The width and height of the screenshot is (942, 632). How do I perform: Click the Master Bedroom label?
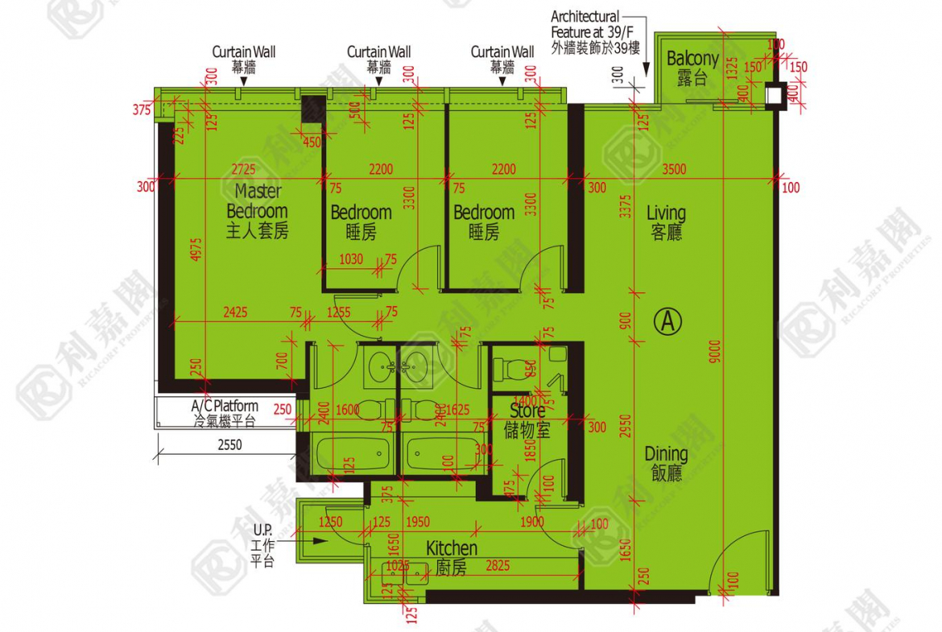click(258, 201)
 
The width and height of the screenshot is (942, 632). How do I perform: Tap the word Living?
click(667, 213)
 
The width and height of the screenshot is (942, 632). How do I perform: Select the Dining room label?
click(666, 454)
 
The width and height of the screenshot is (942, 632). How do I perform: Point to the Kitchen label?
click(452, 548)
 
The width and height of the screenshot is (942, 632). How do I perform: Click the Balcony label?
click(692, 59)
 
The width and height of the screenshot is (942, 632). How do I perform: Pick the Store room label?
click(527, 411)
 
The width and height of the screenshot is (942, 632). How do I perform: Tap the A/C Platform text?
click(225, 406)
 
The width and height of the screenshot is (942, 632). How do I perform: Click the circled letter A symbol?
click(668, 321)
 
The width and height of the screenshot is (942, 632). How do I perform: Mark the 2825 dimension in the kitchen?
click(497, 567)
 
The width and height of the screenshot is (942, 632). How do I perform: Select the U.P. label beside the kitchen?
click(262, 531)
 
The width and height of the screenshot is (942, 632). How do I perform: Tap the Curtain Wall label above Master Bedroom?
click(243, 52)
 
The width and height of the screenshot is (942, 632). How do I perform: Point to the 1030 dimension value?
click(351, 259)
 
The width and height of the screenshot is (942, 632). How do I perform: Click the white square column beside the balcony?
click(775, 95)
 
